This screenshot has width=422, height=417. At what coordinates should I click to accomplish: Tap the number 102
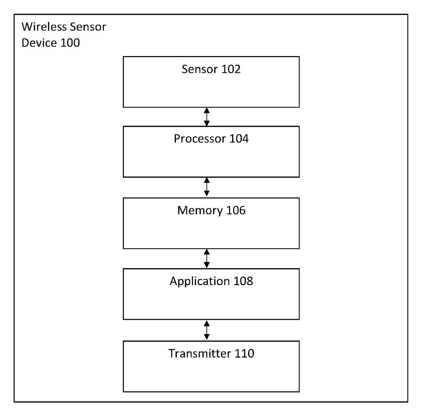click(231, 69)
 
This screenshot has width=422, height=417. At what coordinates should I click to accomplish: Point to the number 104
click(239, 139)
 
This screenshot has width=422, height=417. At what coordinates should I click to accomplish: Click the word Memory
click(200, 211)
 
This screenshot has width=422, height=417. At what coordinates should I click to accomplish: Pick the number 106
click(236, 210)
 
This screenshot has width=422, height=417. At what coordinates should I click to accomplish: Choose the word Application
click(200, 281)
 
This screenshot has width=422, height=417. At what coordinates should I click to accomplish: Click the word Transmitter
click(200, 353)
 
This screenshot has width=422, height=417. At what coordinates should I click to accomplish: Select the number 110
click(244, 353)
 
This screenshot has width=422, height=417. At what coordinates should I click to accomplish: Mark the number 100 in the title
click(70, 43)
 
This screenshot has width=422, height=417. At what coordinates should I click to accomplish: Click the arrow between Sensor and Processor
click(207, 117)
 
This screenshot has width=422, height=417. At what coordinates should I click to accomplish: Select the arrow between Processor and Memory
click(207, 187)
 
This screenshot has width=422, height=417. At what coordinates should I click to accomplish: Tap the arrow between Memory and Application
click(207, 258)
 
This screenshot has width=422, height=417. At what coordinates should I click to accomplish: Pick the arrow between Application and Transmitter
click(207, 330)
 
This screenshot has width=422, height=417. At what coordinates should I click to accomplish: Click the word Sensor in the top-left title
click(88, 27)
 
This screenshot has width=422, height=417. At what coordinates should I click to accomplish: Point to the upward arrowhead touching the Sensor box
click(207, 110)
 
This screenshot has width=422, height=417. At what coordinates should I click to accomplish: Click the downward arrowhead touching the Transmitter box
click(207, 337)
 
